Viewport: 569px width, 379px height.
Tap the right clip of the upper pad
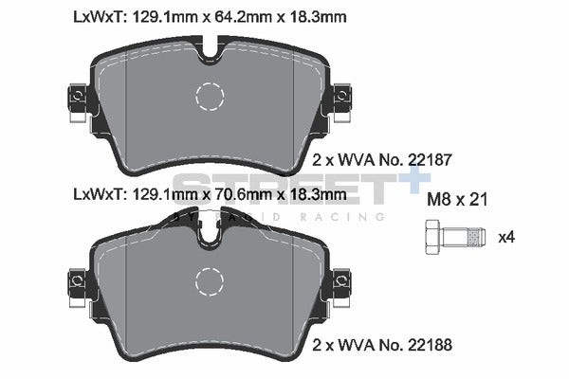tap(343, 99)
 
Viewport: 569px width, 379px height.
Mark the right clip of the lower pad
tap(343, 281)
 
